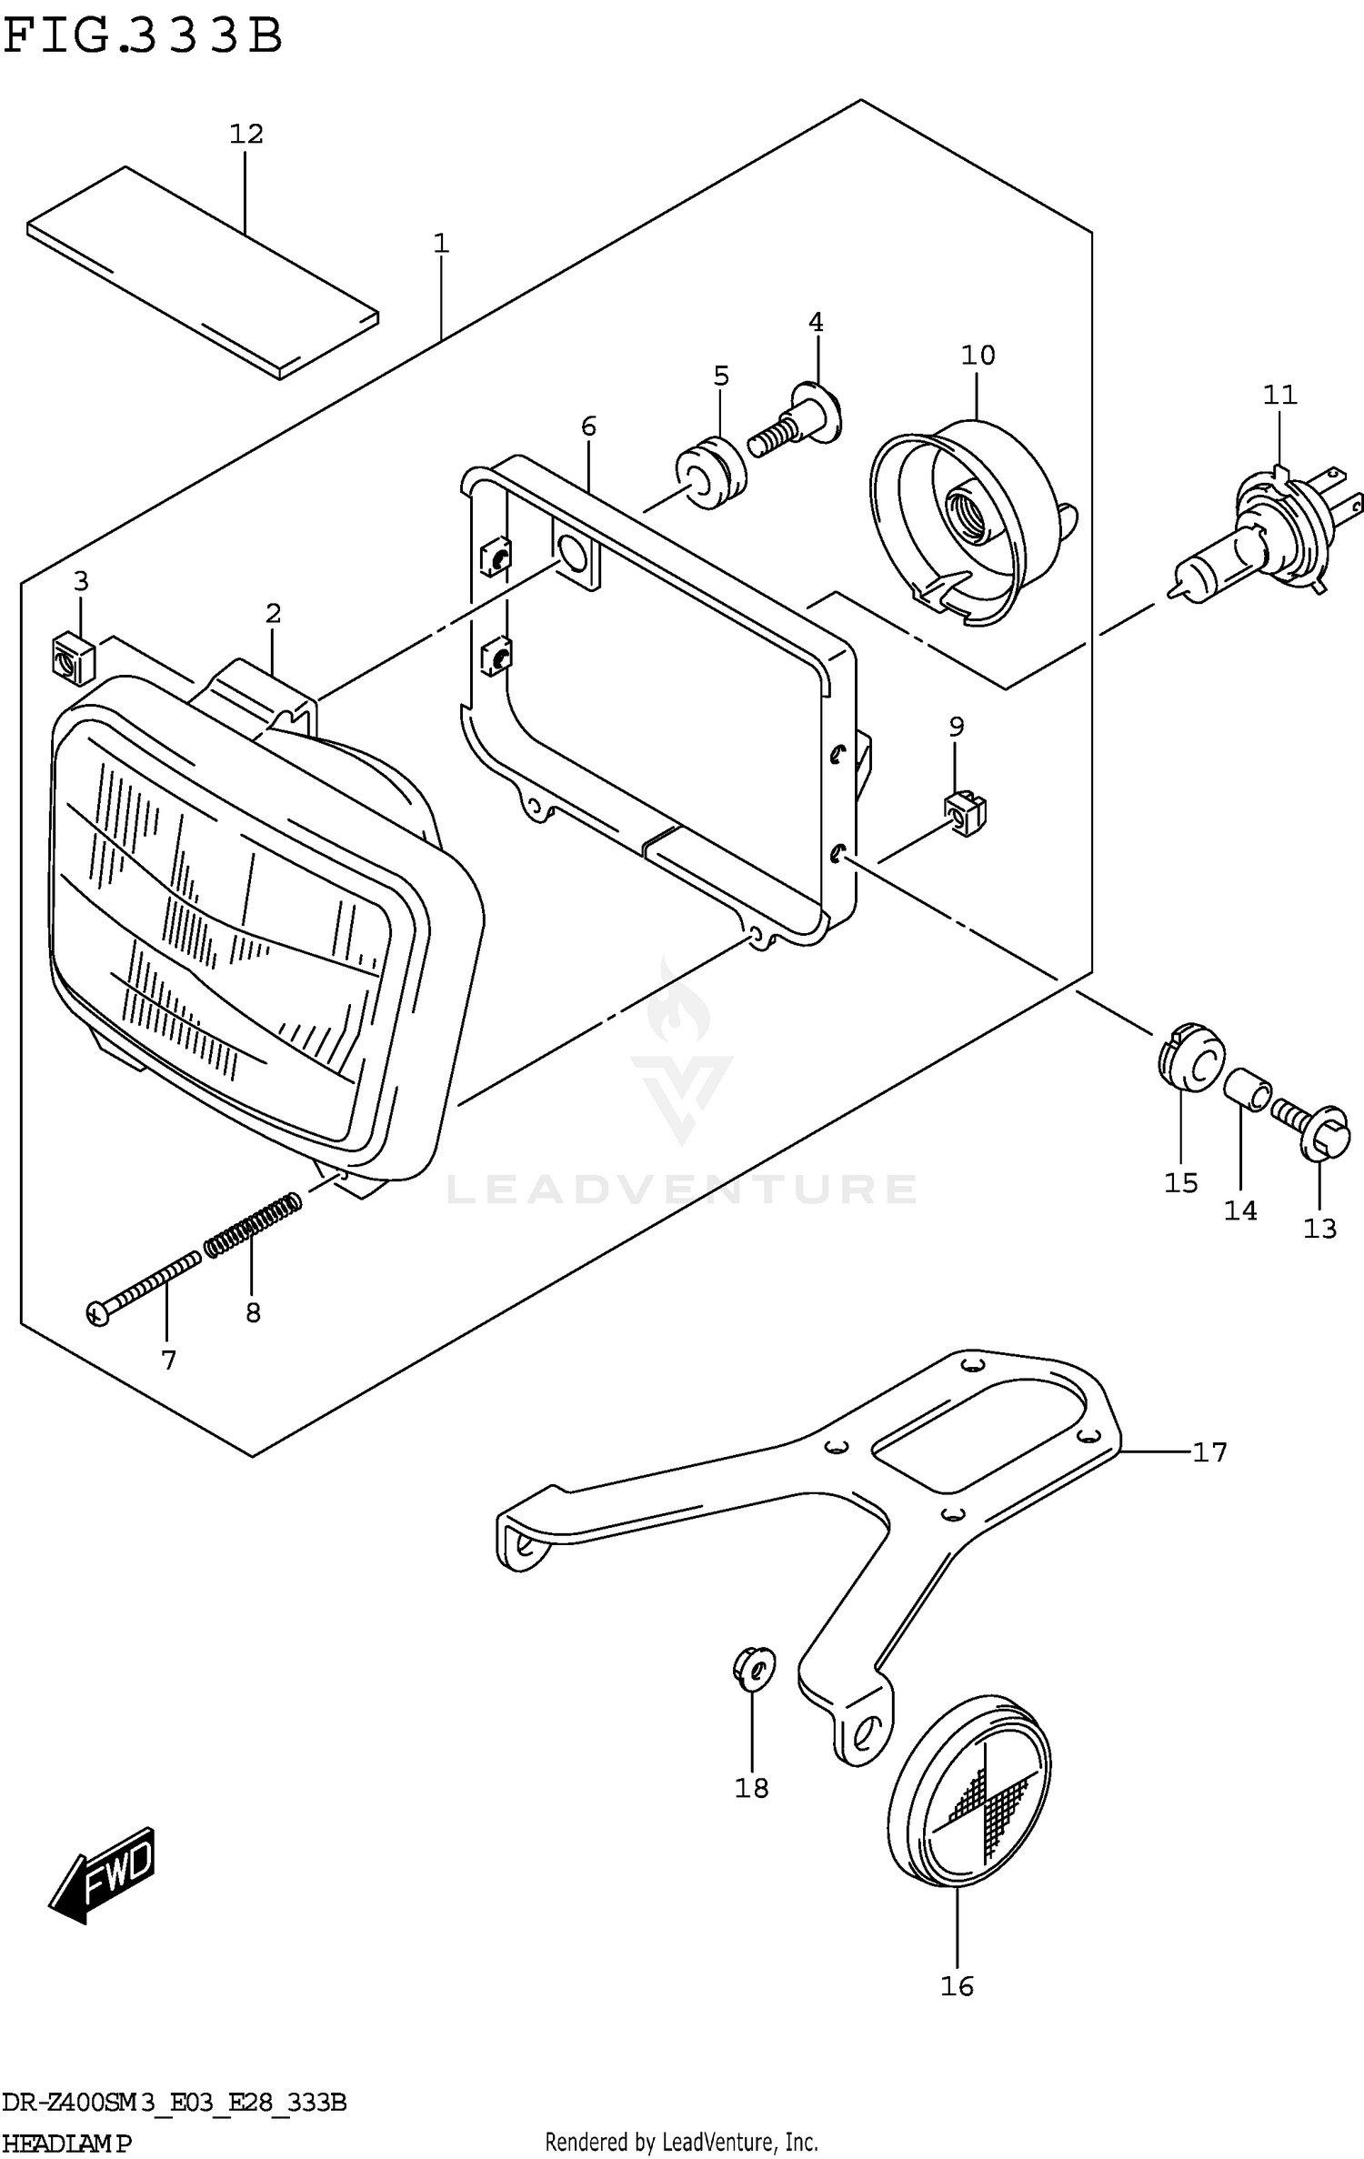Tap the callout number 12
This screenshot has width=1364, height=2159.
[x=246, y=134]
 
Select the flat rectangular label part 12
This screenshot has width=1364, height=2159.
[x=202, y=272]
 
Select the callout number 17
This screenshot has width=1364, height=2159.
[x=1209, y=1452]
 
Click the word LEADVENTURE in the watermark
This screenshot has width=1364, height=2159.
[x=681, y=1189]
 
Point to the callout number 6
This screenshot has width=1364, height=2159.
[x=588, y=426]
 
